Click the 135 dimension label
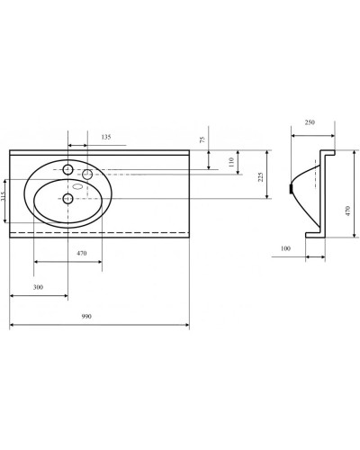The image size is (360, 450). pos(106,138)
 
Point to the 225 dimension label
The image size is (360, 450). pos(262,177)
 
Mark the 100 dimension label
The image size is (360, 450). pos(287,247)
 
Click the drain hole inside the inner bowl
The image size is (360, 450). pos(68,198)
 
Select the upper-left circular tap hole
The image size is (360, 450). pos(68,167)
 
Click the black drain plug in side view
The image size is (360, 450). pos(290,189)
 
